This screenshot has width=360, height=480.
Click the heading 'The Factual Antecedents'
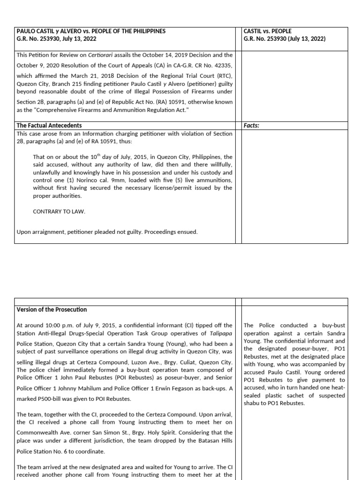[49, 126]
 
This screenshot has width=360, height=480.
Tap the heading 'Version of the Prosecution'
[52, 310]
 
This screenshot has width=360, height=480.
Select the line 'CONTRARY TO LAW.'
[59, 211]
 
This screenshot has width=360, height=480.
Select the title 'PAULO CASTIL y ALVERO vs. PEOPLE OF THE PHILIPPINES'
[91, 31]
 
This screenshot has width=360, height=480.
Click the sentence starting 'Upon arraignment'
[107, 232]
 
